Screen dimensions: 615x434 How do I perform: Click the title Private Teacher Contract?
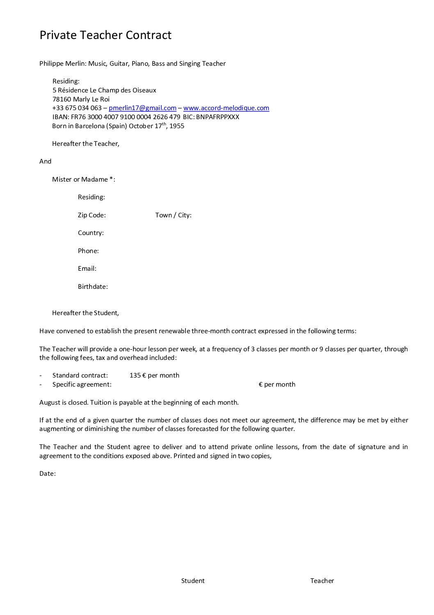[105, 35]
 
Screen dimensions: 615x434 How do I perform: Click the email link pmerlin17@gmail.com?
[142, 108]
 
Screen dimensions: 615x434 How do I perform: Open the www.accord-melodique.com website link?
[226, 108]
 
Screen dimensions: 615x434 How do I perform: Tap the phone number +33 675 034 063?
[77, 108]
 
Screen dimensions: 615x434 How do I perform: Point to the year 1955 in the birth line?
[177, 126]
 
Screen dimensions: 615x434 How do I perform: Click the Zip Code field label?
[91, 215]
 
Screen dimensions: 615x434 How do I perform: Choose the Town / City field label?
[173, 215]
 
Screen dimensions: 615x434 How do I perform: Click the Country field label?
[91, 233]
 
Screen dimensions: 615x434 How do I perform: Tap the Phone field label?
[88, 251]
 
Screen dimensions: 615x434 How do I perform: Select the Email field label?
[87, 269]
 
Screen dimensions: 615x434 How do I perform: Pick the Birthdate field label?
[93, 287]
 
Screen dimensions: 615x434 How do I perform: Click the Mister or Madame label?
[83, 180]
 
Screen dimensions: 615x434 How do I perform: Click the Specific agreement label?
[82, 385]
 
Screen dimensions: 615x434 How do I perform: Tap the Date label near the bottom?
[47, 474]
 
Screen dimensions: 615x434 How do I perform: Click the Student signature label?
[193, 581]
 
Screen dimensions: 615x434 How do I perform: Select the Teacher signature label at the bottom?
[322, 581]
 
